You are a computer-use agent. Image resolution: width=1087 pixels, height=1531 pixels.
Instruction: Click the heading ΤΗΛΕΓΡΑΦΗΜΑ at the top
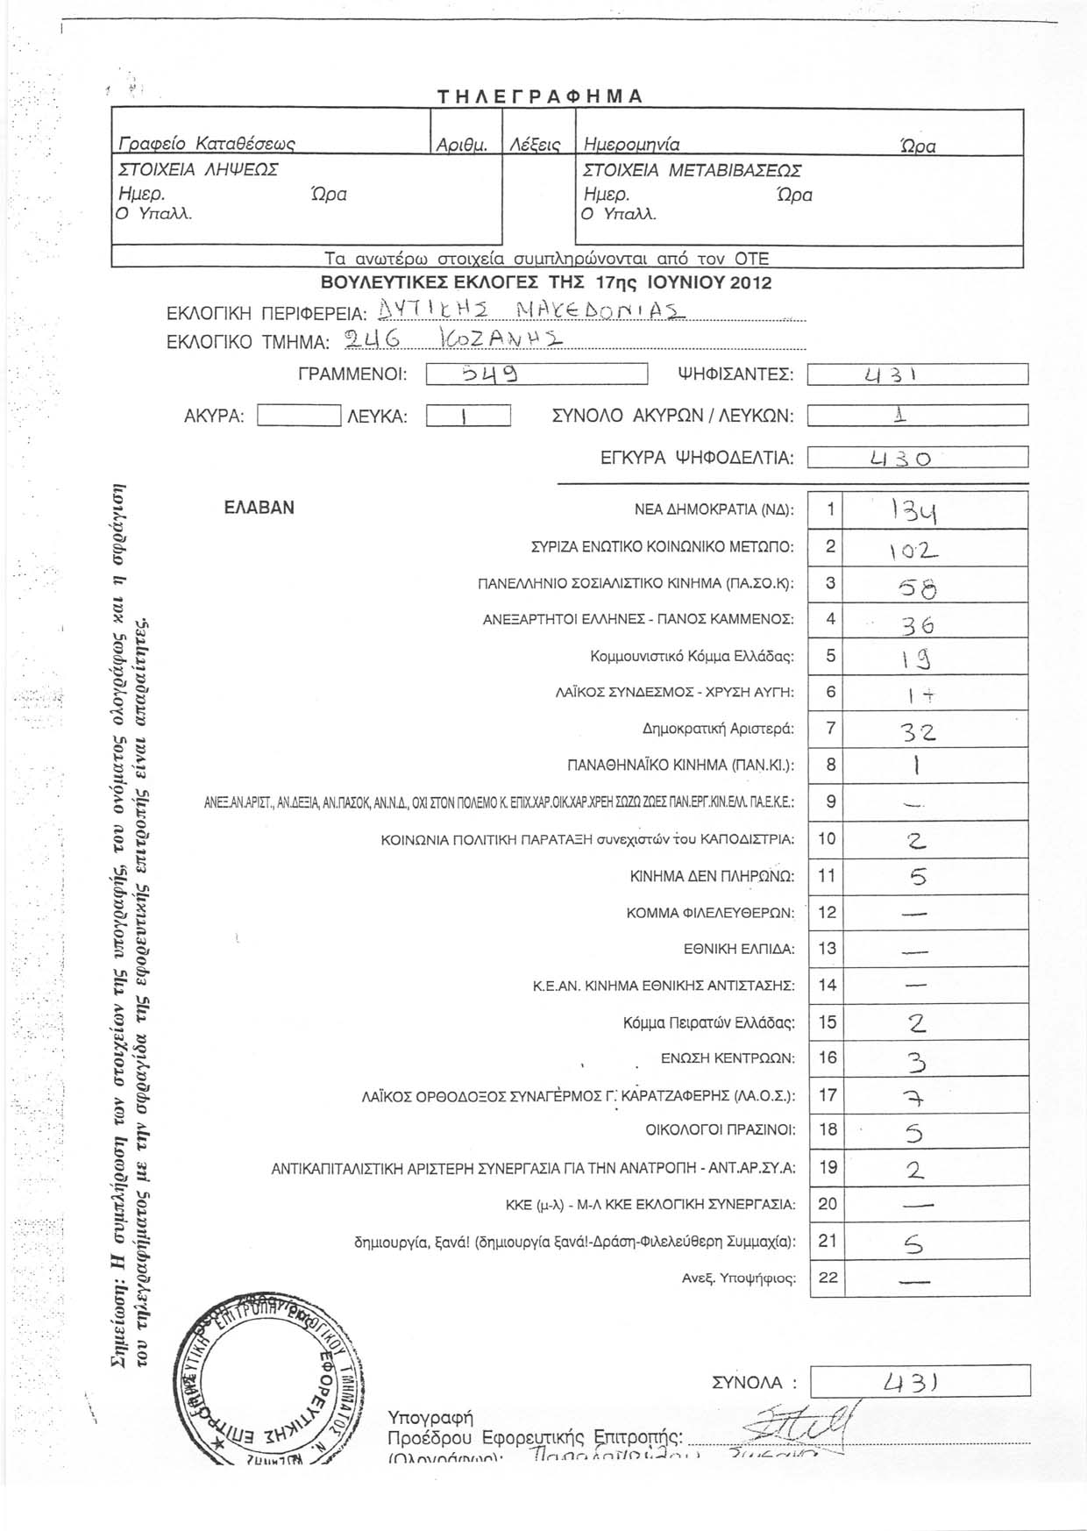tap(540, 96)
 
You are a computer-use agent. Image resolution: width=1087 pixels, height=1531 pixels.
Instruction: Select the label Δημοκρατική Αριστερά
tap(718, 729)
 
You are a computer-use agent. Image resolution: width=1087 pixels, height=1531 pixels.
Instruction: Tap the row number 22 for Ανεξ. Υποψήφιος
tap(828, 1278)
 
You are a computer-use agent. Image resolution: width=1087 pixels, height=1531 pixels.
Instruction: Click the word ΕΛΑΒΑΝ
tap(259, 508)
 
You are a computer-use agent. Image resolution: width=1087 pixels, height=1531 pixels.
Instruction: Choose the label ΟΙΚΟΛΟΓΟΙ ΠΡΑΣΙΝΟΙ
tap(720, 1130)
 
